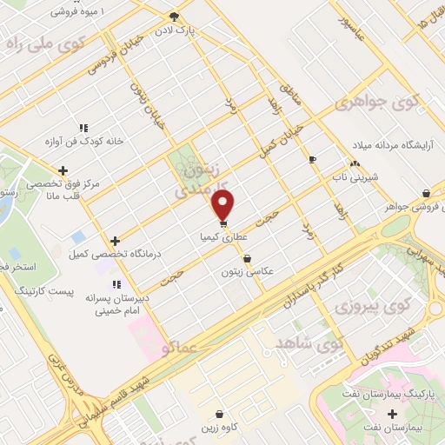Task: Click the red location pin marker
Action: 223,206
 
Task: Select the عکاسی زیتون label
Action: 249,271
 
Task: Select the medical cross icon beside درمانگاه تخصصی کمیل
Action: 114,241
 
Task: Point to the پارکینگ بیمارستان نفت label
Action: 384,406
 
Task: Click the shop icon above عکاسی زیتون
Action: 249,258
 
